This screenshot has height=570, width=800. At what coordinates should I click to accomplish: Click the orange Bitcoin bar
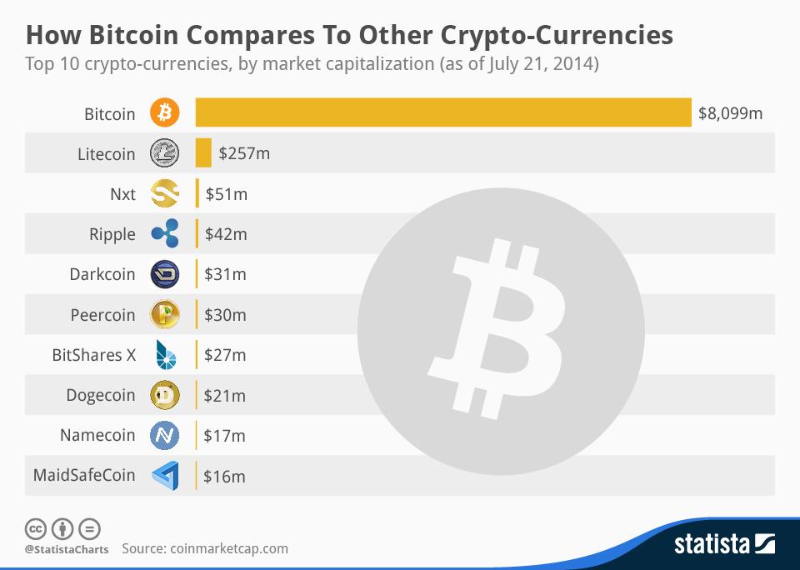pos(443,112)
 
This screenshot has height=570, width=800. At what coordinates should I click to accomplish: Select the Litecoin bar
pos(203,153)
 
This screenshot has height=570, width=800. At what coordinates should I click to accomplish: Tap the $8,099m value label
pos(730,113)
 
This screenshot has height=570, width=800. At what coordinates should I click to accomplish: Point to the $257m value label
pos(244,153)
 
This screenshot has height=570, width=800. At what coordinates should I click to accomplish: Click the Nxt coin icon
pos(165,194)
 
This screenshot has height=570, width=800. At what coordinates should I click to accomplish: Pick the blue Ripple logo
pos(165,234)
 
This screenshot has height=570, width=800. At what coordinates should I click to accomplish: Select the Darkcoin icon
pos(165,274)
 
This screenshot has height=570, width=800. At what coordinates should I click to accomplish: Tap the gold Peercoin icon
pos(165,315)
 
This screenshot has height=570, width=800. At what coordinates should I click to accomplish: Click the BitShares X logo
pos(165,355)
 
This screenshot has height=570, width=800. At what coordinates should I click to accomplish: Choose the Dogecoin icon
pos(165,395)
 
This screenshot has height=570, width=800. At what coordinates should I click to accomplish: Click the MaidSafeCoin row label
pos(84,476)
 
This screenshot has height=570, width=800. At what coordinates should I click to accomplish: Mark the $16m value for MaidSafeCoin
pos(225,477)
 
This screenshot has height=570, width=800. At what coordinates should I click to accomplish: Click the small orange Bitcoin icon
pos(165,112)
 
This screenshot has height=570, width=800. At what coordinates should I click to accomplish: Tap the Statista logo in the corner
pos(723,545)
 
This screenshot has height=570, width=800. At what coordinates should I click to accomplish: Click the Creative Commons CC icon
pos(36,528)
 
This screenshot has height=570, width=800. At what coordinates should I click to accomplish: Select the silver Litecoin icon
pos(165,153)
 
